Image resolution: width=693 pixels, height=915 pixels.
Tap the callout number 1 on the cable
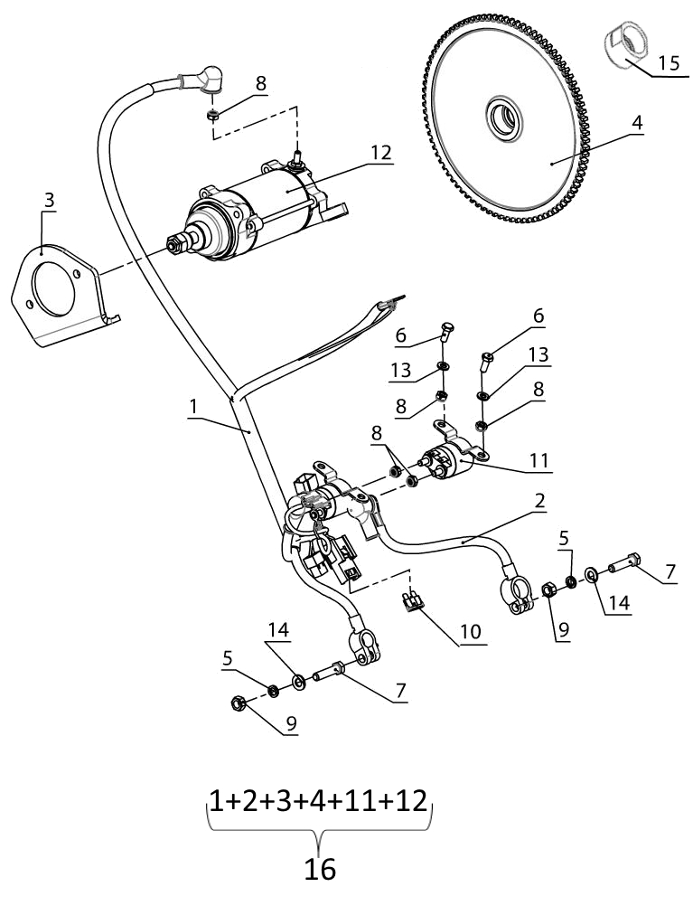(x=193, y=408)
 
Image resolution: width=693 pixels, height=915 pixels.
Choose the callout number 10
(x=470, y=632)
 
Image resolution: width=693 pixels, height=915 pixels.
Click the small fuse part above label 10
(x=414, y=599)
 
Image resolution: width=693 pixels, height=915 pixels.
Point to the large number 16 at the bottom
(x=320, y=868)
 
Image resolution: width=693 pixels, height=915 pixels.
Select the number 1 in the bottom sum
(x=216, y=800)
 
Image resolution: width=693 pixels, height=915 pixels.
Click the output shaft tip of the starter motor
(x=171, y=243)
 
